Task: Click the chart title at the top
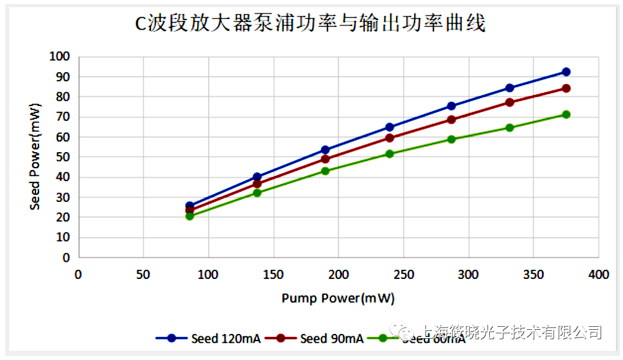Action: (x=310, y=24)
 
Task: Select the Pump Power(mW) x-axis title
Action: (x=338, y=298)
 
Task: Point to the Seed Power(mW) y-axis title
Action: (x=36, y=157)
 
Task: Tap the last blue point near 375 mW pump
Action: (x=566, y=72)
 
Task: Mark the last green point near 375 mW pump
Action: (x=566, y=114)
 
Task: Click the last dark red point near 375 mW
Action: (x=566, y=88)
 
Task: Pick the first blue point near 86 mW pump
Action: (x=190, y=206)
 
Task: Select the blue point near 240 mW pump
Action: (x=390, y=127)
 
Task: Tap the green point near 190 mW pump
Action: (x=325, y=171)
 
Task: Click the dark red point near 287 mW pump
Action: (x=451, y=120)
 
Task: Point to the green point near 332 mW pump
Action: (x=509, y=128)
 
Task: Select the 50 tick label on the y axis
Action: (x=63, y=157)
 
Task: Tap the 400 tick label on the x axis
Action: (x=598, y=275)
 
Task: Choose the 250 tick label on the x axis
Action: (x=403, y=275)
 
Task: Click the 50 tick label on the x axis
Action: (x=143, y=275)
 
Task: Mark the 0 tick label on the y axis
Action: (x=66, y=258)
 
